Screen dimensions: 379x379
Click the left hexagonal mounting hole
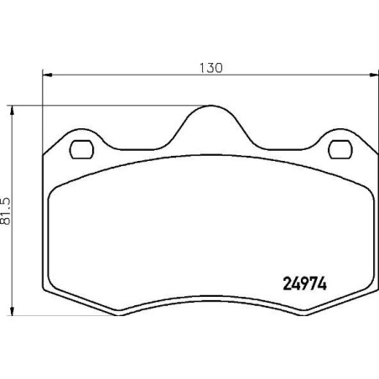tap(81, 149)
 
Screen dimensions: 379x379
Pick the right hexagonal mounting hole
tap(340, 149)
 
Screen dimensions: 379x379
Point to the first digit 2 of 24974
tap(280, 283)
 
